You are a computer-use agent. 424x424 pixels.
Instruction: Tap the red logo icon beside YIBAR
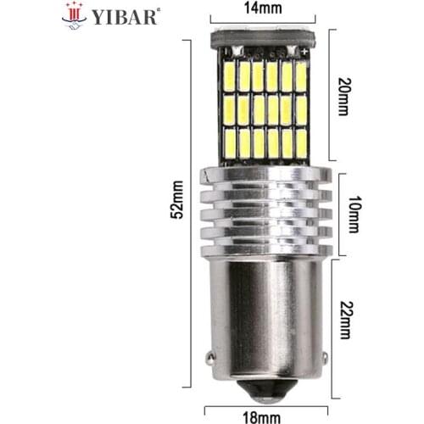point(75,14)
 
